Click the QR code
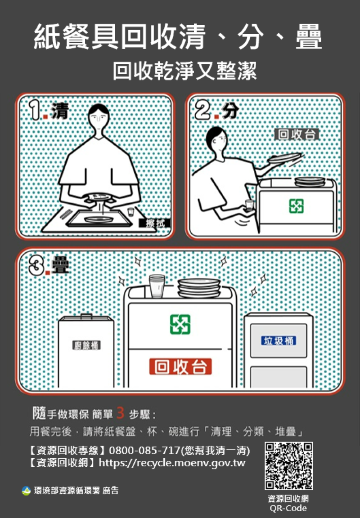(288, 466)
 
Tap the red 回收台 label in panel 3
(180, 366)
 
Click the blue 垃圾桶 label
(279, 340)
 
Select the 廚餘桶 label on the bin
(86, 345)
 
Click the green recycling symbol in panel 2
(296, 206)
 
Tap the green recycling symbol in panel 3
(180, 324)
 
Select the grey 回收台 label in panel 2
(297, 134)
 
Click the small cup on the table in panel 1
(130, 212)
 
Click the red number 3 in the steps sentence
(120, 412)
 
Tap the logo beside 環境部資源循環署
(26, 491)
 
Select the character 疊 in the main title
(309, 37)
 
